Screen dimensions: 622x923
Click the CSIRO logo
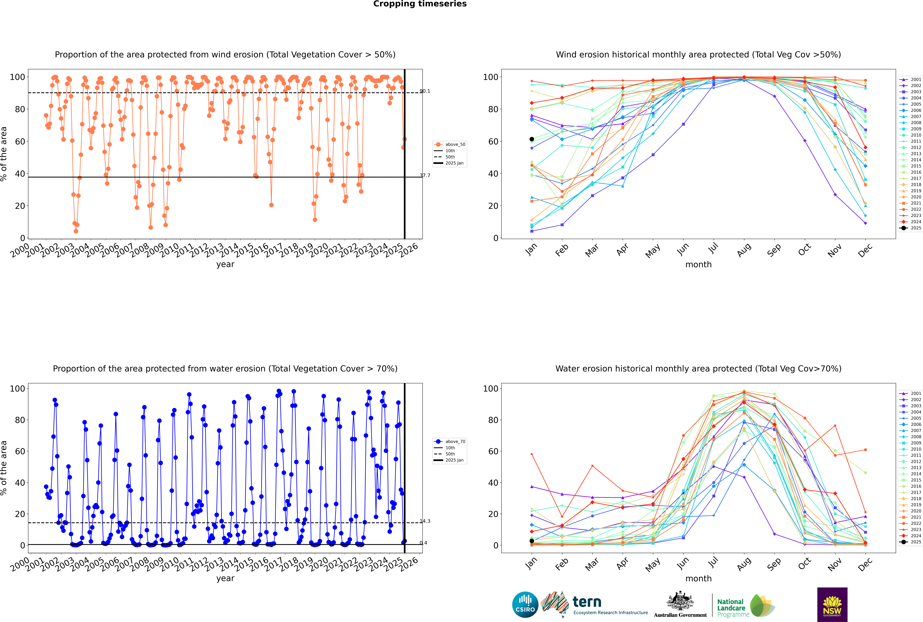pos(525,605)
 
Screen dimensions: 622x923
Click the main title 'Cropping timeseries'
pos(420,4)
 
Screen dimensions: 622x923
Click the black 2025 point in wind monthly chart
pos(532,139)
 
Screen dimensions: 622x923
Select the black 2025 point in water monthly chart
pos(532,541)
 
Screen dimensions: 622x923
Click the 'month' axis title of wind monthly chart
pos(698,265)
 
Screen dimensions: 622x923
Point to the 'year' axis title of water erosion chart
pos(225,578)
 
